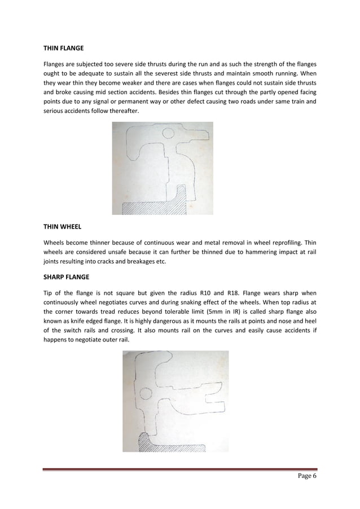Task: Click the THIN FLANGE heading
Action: [x=63, y=48]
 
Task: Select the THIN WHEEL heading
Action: [x=62, y=226]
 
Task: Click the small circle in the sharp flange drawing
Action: [x=144, y=393]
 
